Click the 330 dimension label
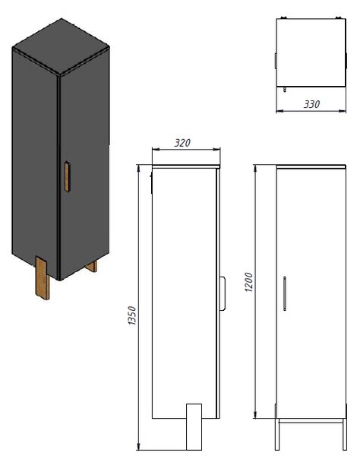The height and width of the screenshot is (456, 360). click(311, 104)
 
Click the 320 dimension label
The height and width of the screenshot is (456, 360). click(182, 143)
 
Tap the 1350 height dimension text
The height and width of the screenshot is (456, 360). click(132, 315)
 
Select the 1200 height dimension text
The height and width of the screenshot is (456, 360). click(249, 282)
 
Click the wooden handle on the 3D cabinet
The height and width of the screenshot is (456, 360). click(67, 176)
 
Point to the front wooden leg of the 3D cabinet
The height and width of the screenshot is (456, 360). click(43, 277)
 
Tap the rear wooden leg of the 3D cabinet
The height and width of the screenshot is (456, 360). click(92, 267)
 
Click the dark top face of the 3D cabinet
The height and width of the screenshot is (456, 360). click(61, 46)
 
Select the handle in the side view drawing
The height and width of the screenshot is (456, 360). click(223, 293)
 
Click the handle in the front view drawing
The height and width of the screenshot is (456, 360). click(285, 293)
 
